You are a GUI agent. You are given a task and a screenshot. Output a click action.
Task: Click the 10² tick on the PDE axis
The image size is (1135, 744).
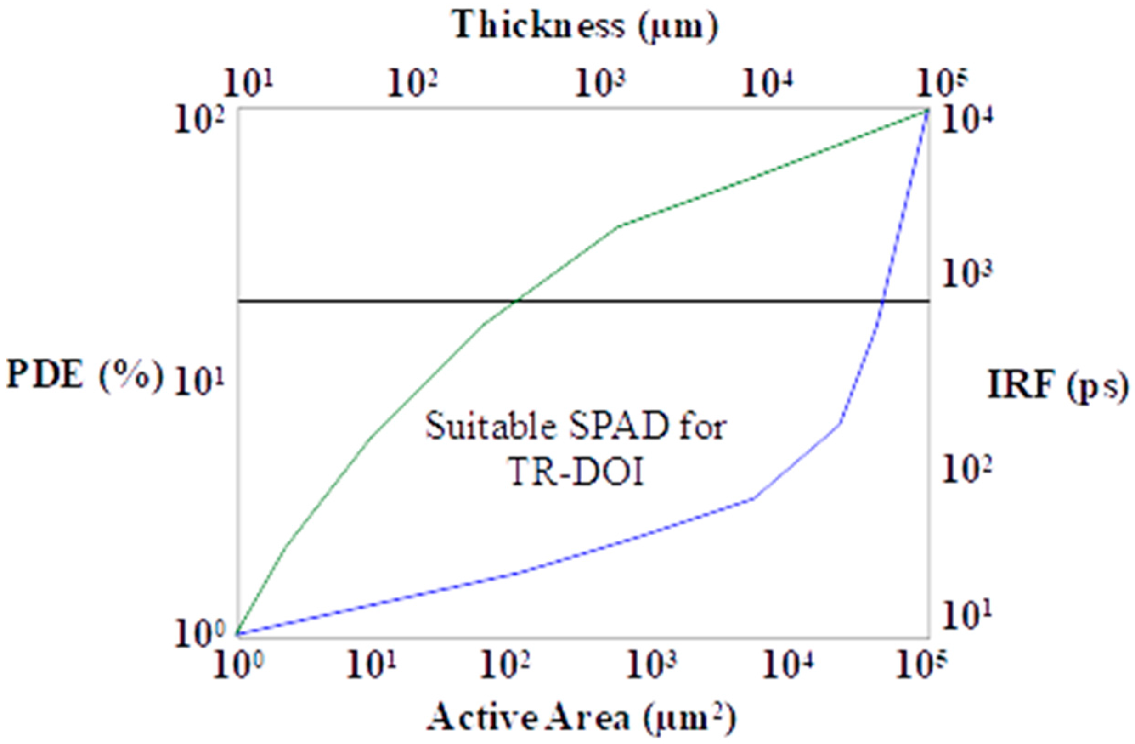199,120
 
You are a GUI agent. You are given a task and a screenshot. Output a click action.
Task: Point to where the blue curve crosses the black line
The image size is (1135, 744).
882,301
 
